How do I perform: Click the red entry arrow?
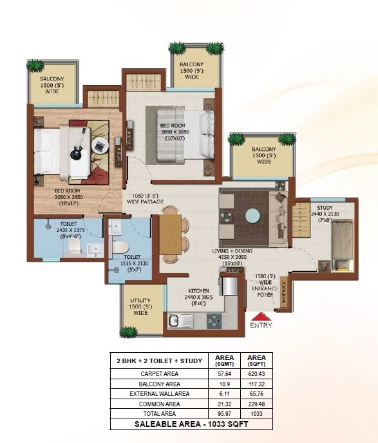pos(261,316)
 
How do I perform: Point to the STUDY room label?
pos(325,207)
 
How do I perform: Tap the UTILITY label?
pos(140,300)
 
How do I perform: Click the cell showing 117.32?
pos(256,383)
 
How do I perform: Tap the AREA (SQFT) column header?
pos(256,360)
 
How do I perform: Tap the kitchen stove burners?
pos(213,319)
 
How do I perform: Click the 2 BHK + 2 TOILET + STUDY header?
pos(158,361)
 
